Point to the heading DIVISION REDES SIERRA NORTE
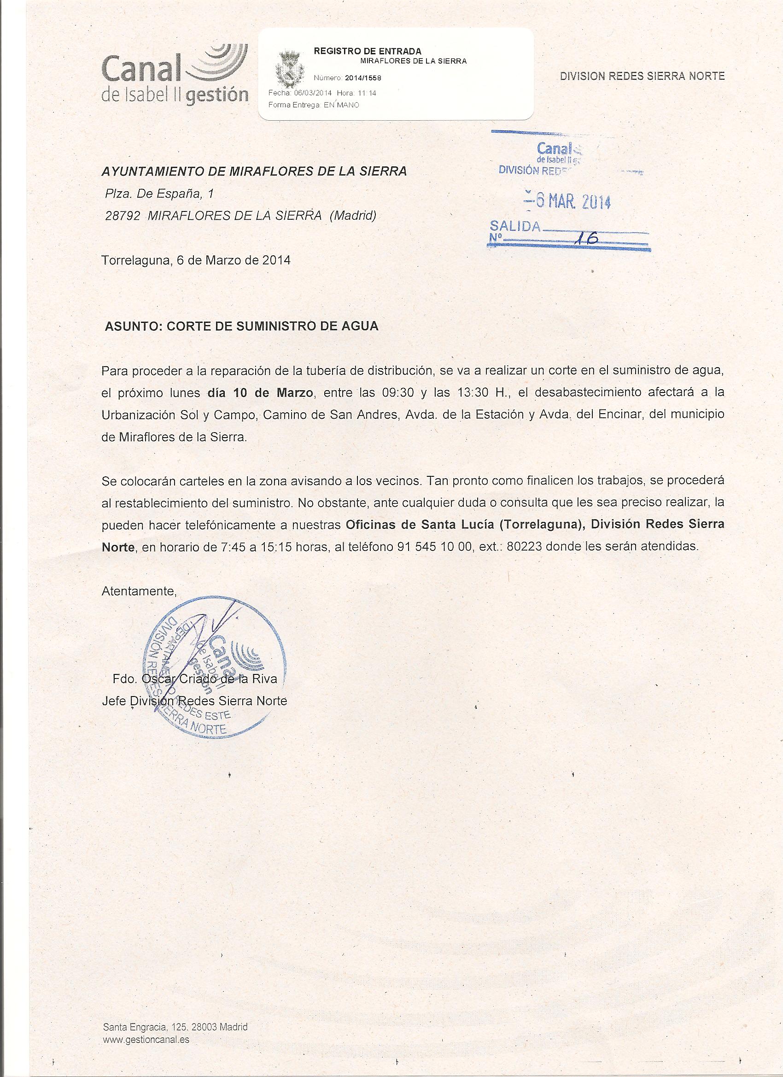click(x=642, y=76)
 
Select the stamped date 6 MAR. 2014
click(x=567, y=202)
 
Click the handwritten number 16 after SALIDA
click(x=585, y=238)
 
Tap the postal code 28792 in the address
click(x=123, y=216)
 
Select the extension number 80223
click(x=525, y=546)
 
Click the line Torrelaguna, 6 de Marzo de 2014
click(x=196, y=260)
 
